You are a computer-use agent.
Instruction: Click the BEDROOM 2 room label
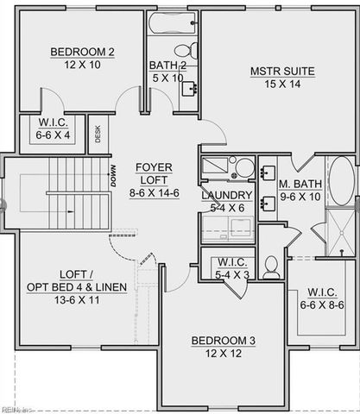pos(82,52)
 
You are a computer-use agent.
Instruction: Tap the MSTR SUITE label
pos(282,72)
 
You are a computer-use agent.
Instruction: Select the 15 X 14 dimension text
pos(282,85)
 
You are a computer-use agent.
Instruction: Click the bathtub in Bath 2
pos(173,23)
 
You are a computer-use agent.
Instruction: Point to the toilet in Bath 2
pos(186,50)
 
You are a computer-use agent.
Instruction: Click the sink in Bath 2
pos(189,88)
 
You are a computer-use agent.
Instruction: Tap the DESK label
pos(98,134)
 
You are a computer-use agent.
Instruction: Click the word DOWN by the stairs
pos(113,176)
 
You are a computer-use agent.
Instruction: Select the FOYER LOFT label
pos(154,173)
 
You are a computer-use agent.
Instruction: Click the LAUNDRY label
pos(227,196)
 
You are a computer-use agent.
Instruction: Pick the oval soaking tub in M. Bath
pos(342,181)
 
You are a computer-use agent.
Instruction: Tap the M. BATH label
pos(300,184)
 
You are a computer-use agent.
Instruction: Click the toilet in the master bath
pos(271,268)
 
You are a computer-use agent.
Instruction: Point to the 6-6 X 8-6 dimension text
pos(322,305)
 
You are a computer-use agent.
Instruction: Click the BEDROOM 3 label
pos(224,341)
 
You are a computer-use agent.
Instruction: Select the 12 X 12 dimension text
pos(224,354)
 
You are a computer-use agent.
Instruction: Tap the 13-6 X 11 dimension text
pos(77,300)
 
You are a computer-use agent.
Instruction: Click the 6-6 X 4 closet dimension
pos(53,135)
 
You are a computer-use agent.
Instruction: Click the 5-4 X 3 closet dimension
pos(232,275)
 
